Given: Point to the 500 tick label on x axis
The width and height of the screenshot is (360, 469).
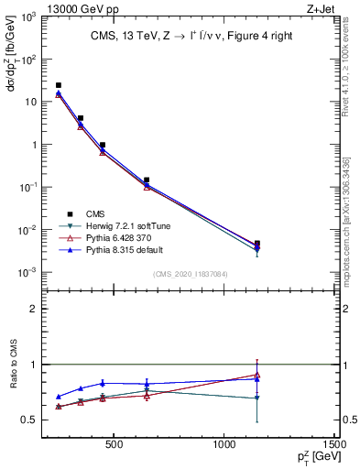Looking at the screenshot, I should (x=115, y=446).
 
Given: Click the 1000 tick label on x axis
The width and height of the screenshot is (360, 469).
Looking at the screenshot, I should (x=224, y=446).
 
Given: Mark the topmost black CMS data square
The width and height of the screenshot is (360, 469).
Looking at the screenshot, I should (x=59, y=85).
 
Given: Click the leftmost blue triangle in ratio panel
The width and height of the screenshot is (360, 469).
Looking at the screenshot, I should (x=59, y=397).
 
